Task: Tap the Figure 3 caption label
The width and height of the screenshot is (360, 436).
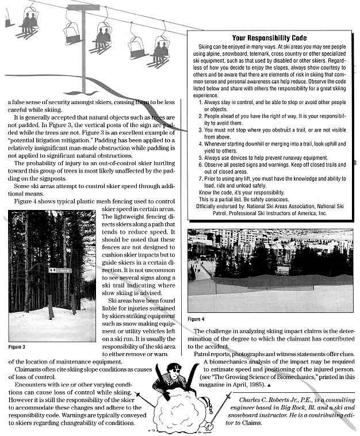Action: [x=17, y=347]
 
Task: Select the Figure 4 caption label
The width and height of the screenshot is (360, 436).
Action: [x=196, y=319]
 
